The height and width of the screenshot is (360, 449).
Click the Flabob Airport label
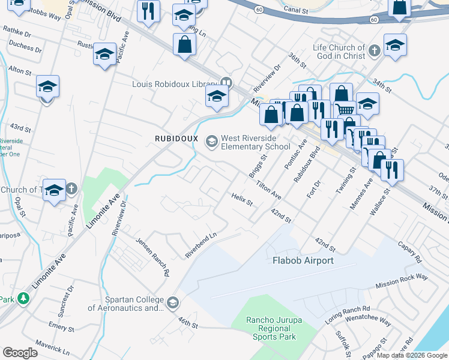303,260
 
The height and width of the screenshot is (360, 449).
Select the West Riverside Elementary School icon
211,142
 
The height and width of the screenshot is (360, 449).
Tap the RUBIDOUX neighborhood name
176,138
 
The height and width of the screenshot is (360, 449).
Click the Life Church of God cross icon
374,50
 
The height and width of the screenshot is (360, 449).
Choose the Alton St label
20,71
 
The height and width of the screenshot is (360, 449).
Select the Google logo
20,353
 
